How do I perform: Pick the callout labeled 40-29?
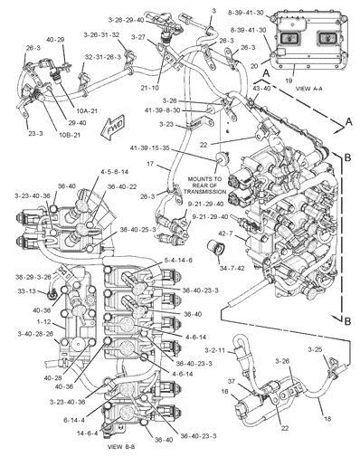coord(55,39)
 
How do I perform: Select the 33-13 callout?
coord(25,291)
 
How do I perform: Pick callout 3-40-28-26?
coord(35,333)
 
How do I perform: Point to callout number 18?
coord(328,420)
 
